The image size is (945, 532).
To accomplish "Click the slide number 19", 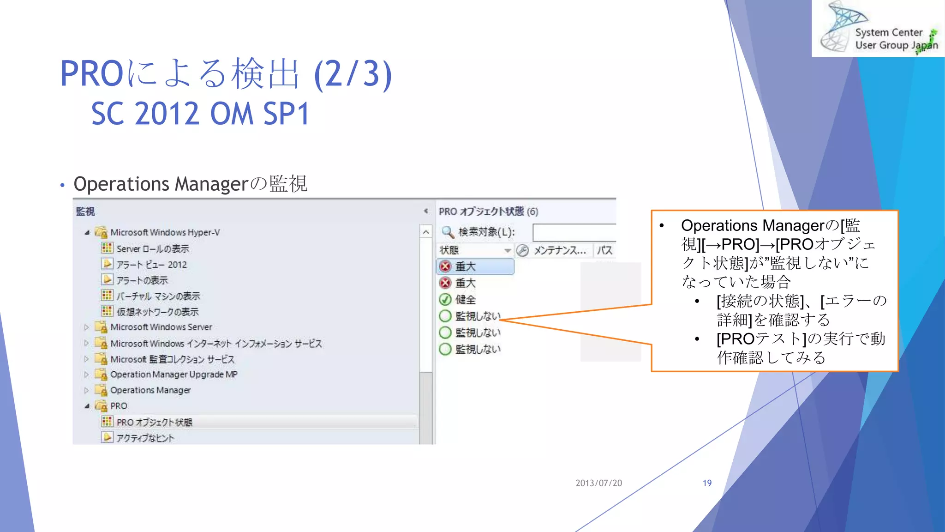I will point(707,483).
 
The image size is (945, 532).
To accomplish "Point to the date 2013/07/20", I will point(598,483).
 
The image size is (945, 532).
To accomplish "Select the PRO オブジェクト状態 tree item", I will point(154,422).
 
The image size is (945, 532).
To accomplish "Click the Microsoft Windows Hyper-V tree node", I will point(165,232).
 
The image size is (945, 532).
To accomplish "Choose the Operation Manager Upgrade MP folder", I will point(173,375).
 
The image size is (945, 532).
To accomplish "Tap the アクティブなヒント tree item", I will point(145,438).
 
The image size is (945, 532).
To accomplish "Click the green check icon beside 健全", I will point(445,300).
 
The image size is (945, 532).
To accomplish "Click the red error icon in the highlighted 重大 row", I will point(445,266).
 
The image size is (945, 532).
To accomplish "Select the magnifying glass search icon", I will point(447,231).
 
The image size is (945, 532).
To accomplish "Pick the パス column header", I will point(604,250).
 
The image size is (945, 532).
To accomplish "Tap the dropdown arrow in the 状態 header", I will point(508,251).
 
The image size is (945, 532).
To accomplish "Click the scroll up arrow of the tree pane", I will point(426,232).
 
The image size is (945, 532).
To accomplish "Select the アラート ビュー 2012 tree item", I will point(151,265).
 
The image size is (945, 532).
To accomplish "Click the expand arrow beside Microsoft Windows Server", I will point(86,327).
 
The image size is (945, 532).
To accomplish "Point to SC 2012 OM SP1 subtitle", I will point(200,114).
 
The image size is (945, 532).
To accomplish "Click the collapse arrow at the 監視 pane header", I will point(426,211).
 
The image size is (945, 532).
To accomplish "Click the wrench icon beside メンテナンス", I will point(522,250).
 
